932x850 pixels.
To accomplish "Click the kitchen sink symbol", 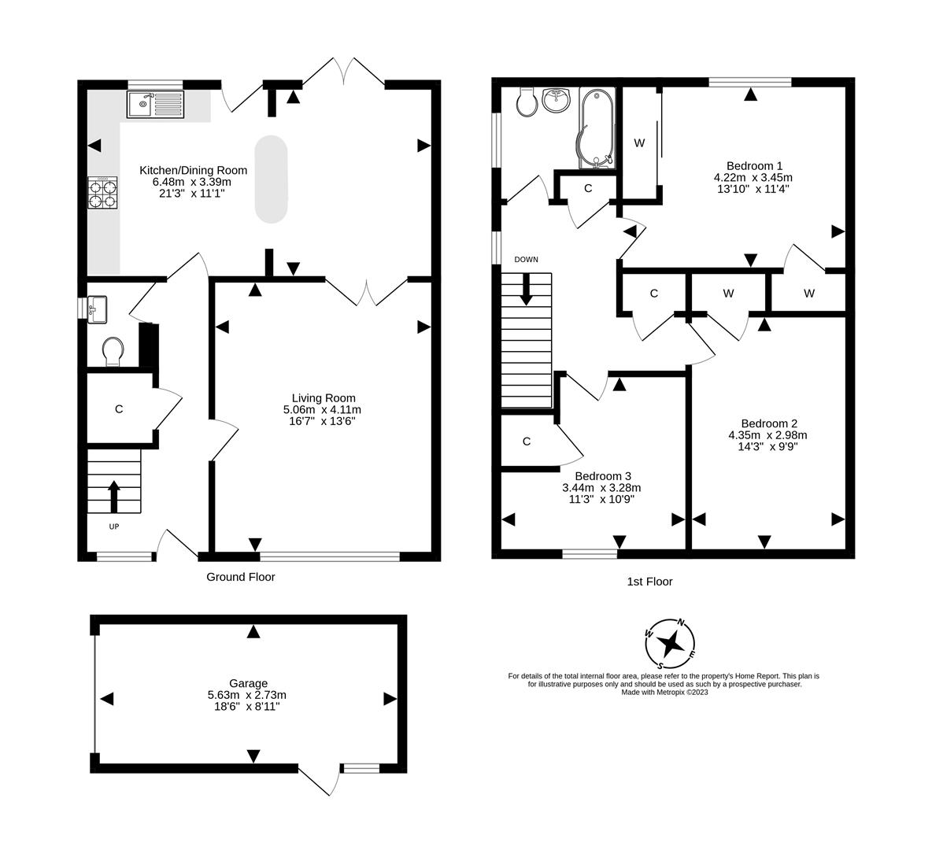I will (x=155, y=104).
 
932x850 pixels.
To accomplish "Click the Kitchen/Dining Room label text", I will (x=193, y=170).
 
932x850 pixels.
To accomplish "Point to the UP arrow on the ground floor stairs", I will (x=113, y=496).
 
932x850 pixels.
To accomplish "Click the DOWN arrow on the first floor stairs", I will (x=526, y=288).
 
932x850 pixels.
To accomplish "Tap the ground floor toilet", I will (x=113, y=351).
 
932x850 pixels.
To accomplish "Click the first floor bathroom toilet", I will (x=527, y=101).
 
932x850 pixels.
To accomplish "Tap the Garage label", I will (x=248, y=683).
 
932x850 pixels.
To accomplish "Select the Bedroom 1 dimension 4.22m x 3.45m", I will (x=754, y=177).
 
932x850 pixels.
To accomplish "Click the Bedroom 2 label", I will (x=767, y=423).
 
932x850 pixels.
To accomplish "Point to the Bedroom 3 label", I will (x=602, y=475).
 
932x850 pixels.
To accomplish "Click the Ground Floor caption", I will (x=240, y=577).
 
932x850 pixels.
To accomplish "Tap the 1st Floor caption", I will (x=649, y=582).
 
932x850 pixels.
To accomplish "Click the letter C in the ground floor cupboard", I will (x=119, y=409).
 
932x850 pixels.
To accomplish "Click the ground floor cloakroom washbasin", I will (x=96, y=309).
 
